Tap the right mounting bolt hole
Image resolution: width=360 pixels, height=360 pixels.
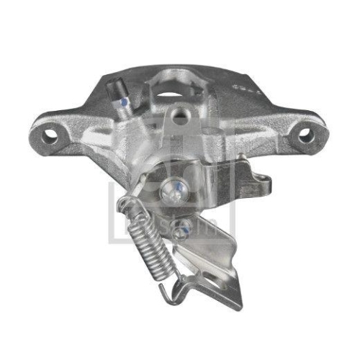pyautogui.click(x=305, y=133)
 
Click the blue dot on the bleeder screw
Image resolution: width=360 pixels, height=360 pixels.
pyautogui.click(x=126, y=102)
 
